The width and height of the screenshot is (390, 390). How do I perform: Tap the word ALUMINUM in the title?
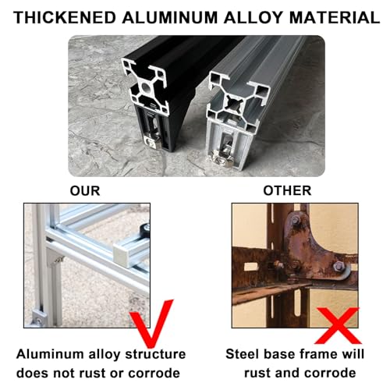click(x=167, y=16)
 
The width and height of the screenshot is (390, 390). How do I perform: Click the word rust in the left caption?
click(x=91, y=373)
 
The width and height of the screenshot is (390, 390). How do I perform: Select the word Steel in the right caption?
click(x=242, y=353)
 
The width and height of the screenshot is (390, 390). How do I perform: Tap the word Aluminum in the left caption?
click(x=49, y=353)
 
